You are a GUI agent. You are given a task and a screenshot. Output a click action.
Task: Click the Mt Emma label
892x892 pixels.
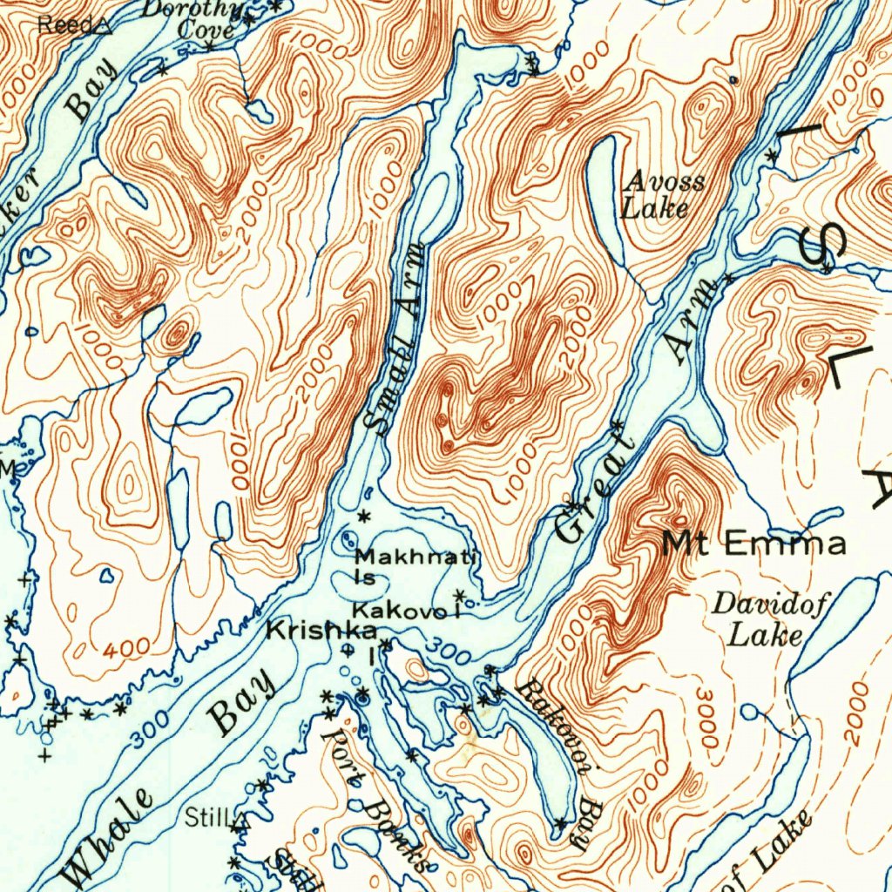point(753,544)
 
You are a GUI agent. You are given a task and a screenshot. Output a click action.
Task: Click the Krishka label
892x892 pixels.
point(321,630)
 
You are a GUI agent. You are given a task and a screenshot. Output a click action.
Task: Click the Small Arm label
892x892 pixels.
point(396,340)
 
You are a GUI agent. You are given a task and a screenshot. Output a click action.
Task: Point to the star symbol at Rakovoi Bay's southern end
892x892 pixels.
point(560,823)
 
